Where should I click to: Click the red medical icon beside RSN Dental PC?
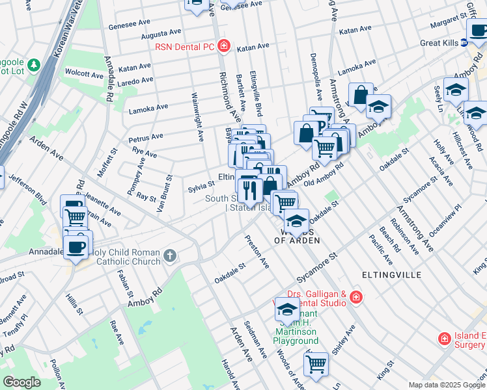224,45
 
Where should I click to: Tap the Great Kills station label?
438,43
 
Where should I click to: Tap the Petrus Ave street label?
146,137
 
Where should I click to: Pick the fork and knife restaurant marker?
250,190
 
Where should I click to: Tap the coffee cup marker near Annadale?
77,247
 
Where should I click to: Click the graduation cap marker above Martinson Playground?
287,309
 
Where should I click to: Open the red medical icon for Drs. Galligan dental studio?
355,298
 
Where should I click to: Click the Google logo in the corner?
21,382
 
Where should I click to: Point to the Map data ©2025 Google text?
447,385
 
